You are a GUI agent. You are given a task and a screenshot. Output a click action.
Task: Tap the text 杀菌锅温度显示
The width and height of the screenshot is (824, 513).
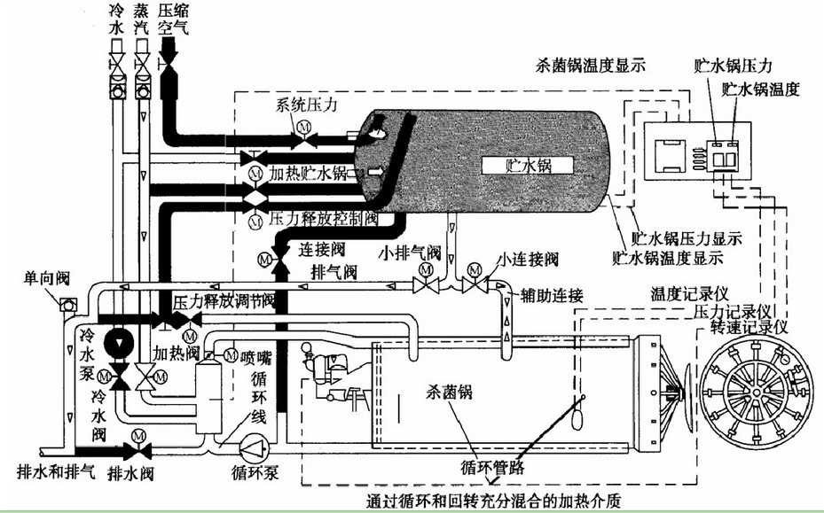[591, 65]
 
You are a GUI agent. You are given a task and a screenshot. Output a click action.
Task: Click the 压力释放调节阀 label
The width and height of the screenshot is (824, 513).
[224, 301]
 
